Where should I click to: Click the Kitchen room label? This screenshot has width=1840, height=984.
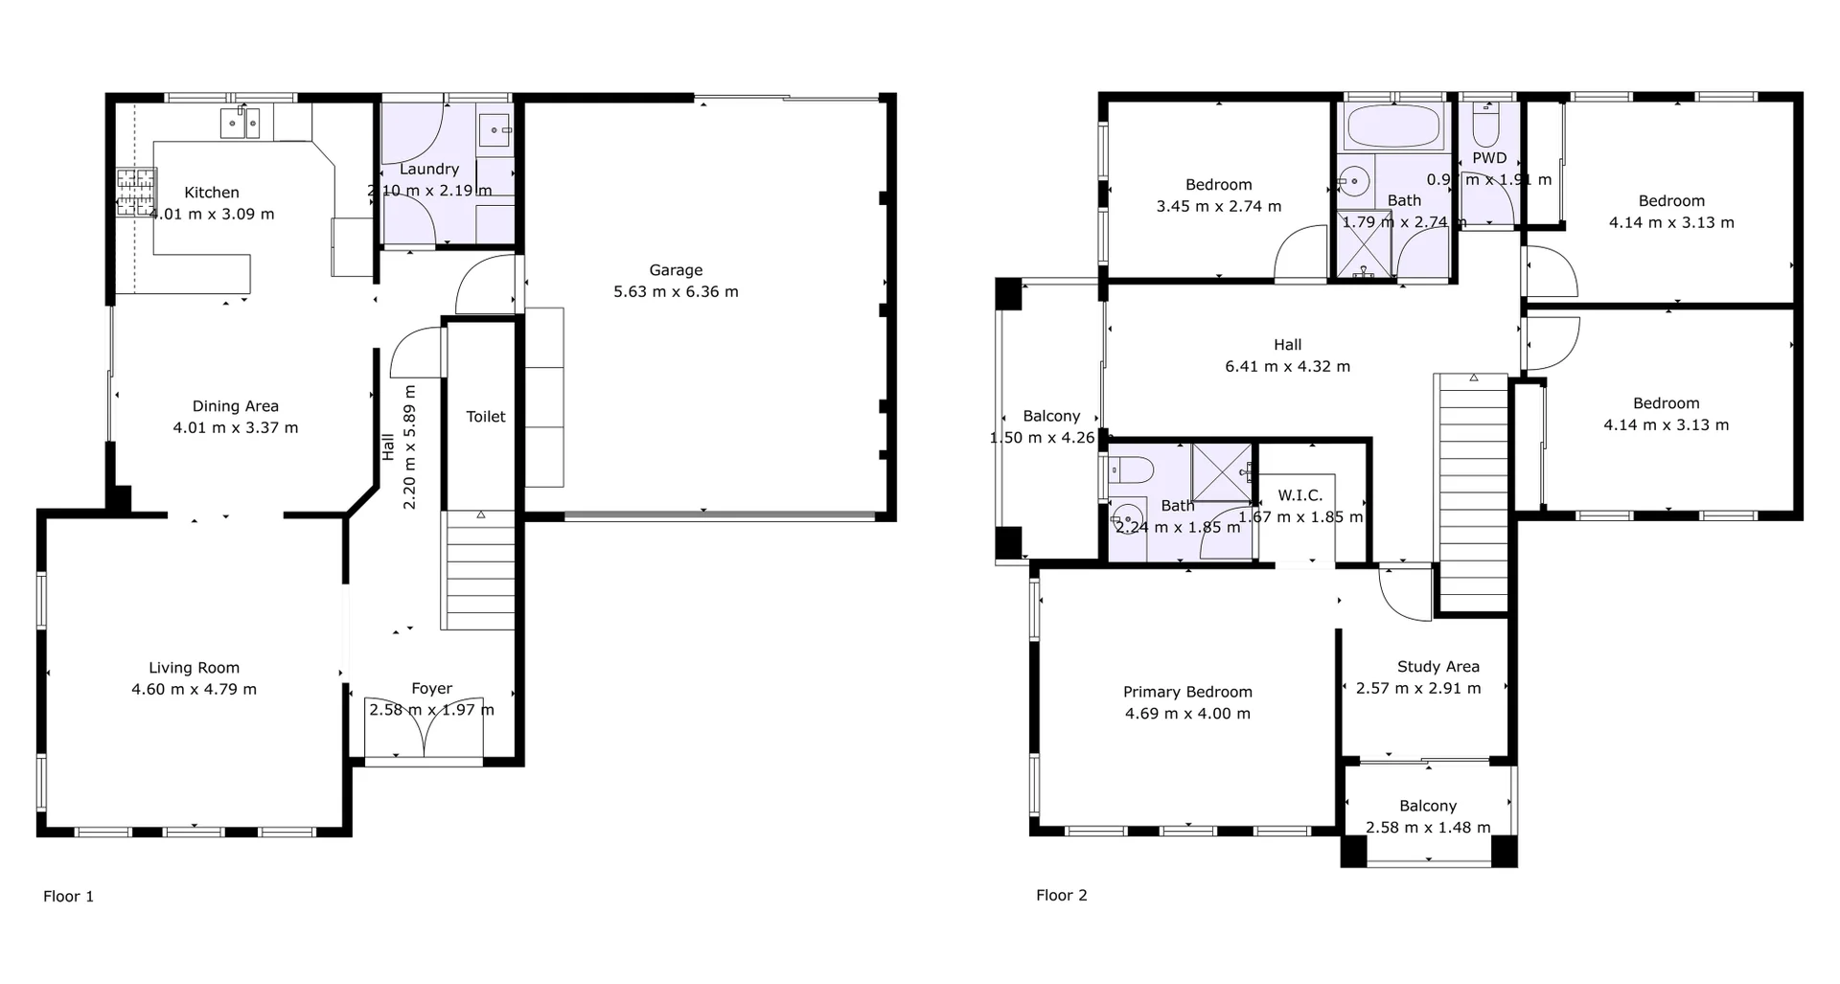click(212, 193)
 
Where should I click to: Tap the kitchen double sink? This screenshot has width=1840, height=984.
click(240, 123)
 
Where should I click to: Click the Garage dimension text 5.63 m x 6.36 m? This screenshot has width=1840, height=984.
click(676, 291)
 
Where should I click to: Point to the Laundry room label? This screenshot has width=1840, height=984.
click(428, 169)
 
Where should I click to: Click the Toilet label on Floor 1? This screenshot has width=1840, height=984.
click(485, 416)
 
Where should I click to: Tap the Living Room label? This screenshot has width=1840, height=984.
click(194, 668)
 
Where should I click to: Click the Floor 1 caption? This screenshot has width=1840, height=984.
click(68, 896)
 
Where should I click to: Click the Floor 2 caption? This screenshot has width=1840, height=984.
click(1061, 895)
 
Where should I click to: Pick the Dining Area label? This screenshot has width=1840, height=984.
click(235, 406)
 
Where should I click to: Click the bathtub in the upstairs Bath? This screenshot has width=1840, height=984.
click(1392, 126)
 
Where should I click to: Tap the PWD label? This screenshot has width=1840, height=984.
click(1489, 158)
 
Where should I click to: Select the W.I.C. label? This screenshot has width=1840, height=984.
click(1299, 495)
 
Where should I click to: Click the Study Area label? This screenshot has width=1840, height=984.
click(1437, 666)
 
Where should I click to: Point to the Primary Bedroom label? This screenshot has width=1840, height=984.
click(1187, 692)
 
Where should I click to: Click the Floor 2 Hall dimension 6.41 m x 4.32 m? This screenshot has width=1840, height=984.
click(1287, 366)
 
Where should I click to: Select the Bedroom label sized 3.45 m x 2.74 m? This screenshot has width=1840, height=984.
click(1218, 185)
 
